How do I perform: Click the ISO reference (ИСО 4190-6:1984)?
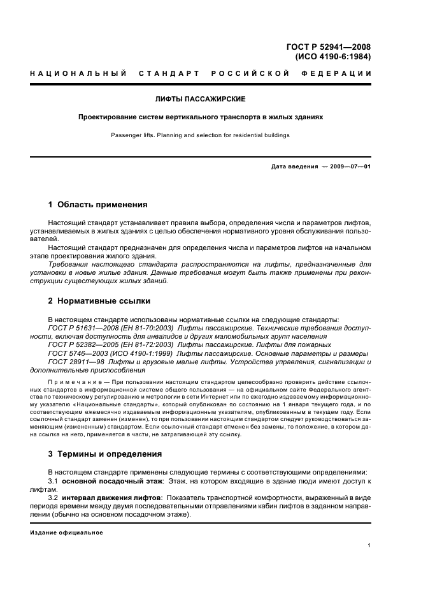(333, 56)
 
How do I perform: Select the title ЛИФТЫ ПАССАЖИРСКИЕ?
(201, 100)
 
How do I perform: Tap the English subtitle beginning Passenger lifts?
(201, 135)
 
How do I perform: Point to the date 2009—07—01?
(350, 166)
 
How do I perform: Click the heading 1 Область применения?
(97, 205)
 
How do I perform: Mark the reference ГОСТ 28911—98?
(76, 362)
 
